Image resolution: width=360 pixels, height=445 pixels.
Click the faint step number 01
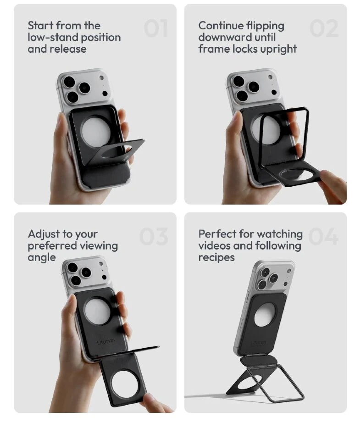(156, 28)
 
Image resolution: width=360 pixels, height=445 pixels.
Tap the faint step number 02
(324, 28)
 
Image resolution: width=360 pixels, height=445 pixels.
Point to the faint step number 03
(154, 236)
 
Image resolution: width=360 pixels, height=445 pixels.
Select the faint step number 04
(323, 236)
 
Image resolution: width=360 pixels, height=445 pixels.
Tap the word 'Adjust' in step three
(44, 234)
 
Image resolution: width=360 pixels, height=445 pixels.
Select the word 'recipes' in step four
(216, 258)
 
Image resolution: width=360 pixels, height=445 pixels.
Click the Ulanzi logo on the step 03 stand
(106, 342)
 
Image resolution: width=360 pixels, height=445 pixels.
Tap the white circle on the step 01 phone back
(95, 131)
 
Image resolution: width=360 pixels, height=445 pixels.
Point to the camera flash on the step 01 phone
(101, 77)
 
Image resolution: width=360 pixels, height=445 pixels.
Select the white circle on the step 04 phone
(265, 315)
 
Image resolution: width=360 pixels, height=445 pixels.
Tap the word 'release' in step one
(69, 49)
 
